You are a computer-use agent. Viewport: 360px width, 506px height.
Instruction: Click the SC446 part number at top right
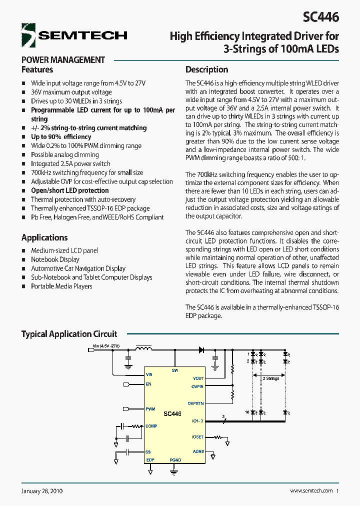(x=320, y=16)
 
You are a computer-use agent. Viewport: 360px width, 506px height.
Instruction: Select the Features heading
(x=37, y=69)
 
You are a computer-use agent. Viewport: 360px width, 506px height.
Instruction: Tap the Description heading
(x=206, y=69)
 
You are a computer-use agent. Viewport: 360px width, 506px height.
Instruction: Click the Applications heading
(x=44, y=237)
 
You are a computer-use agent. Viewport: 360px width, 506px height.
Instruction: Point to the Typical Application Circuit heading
(x=69, y=334)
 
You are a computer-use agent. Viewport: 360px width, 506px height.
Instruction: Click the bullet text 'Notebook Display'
(x=55, y=259)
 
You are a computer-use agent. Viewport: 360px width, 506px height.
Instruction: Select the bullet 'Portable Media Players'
(x=61, y=286)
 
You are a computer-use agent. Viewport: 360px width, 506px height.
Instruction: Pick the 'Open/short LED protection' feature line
(x=69, y=190)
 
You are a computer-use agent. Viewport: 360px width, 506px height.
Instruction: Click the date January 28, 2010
(x=42, y=491)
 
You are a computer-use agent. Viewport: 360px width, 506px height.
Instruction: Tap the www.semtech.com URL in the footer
(x=311, y=491)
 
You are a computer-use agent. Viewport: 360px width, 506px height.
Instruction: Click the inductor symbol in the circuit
(x=144, y=348)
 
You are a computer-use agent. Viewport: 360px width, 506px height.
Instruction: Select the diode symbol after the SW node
(x=201, y=350)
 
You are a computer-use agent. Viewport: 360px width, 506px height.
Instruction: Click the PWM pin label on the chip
(x=150, y=409)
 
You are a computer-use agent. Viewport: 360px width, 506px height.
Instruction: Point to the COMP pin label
(x=151, y=426)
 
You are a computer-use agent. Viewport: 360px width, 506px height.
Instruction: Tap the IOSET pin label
(x=197, y=437)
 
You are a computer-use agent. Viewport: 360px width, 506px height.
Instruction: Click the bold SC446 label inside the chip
(x=172, y=414)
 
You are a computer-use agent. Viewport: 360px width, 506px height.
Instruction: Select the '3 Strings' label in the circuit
(x=271, y=378)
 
